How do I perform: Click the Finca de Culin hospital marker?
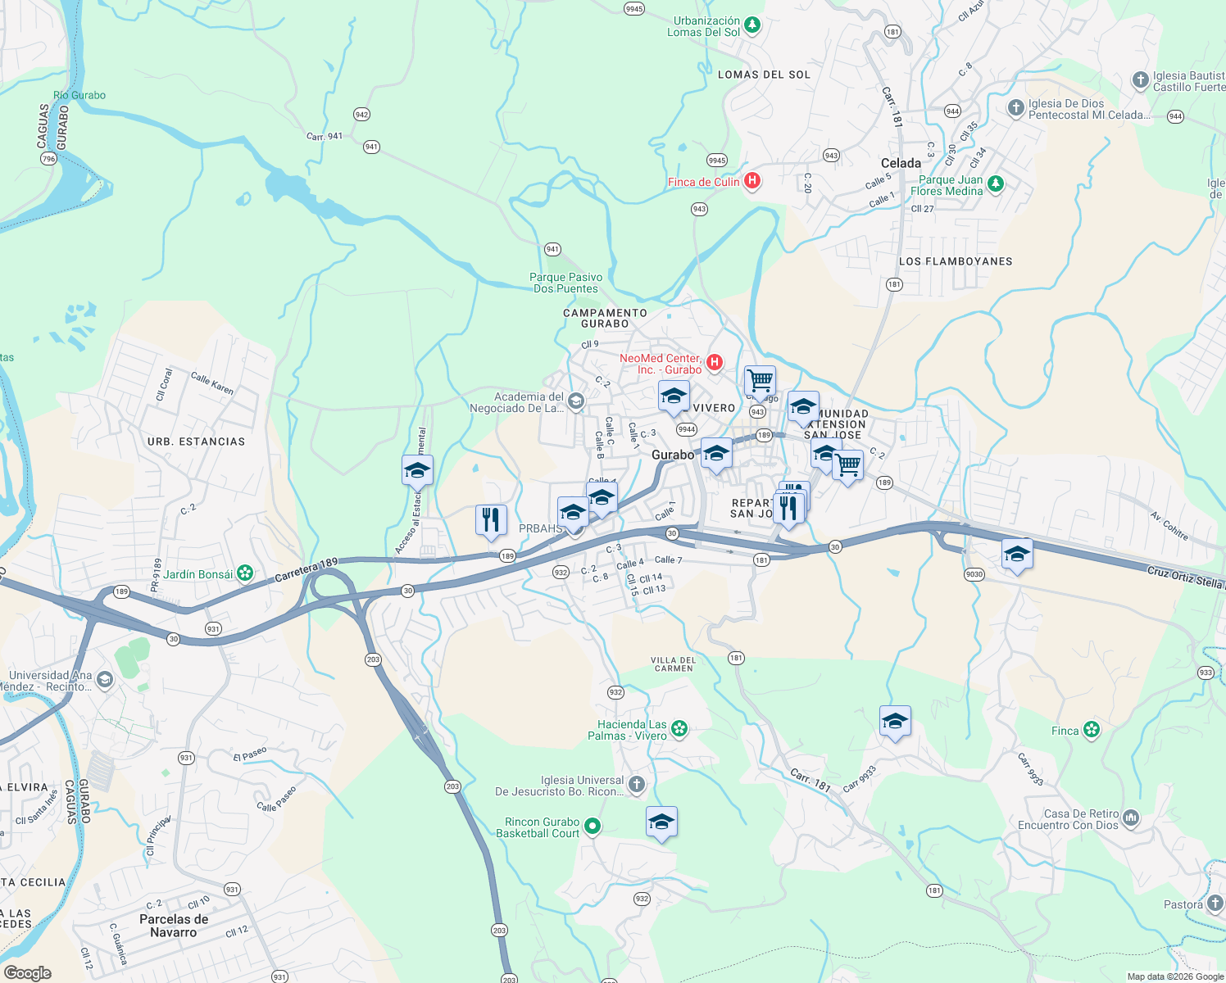click(751, 181)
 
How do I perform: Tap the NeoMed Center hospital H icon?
click(714, 362)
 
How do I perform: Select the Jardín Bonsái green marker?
click(245, 573)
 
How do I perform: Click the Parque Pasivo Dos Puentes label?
click(565, 283)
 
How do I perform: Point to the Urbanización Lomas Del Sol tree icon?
click(751, 25)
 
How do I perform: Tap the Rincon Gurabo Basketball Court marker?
click(592, 827)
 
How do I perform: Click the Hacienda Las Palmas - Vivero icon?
click(679, 728)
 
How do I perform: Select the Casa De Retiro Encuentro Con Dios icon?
click(1131, 818)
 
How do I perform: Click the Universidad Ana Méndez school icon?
click(104, 679)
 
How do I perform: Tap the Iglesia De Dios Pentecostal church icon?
click(1015, 107)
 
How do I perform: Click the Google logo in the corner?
click(27, 972)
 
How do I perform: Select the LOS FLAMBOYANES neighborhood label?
click(956, 261)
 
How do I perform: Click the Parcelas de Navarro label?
click(174, 926)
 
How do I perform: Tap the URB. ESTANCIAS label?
click(196, 442)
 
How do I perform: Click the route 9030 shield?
click(974, 574)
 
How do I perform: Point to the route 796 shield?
click(48, 158)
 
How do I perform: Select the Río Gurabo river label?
click(79, 95)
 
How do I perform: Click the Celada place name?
click(901, 163)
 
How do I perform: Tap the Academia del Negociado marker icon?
click(576, 401)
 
